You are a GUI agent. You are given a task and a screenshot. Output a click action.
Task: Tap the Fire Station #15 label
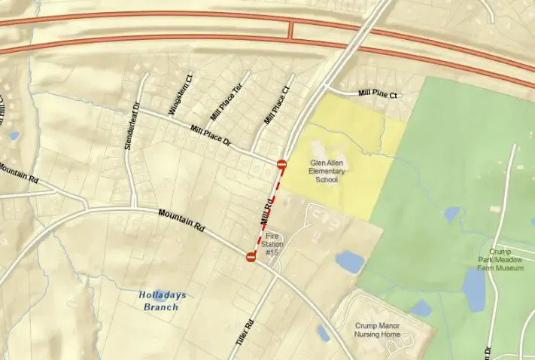[x=272, y=243]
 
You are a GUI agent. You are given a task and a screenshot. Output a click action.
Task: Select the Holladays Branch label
[x=159, y=301]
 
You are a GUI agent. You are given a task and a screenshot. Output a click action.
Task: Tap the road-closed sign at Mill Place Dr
[x=281, y=164]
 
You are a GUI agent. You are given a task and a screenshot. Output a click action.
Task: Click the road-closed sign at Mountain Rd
[x=251, y=257]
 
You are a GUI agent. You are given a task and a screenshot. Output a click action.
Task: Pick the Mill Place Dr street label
[x=210, y=136]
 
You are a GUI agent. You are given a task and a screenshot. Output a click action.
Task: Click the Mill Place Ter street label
[x=226, y=102]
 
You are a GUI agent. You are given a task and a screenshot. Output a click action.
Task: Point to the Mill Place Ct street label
[x=276, y=105]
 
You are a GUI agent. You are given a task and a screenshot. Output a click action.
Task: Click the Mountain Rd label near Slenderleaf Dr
[x=181, y=220]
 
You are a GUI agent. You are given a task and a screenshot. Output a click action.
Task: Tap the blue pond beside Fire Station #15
[x=350, y=261]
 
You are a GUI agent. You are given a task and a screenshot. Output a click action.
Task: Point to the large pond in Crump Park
[x=475, y=289]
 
